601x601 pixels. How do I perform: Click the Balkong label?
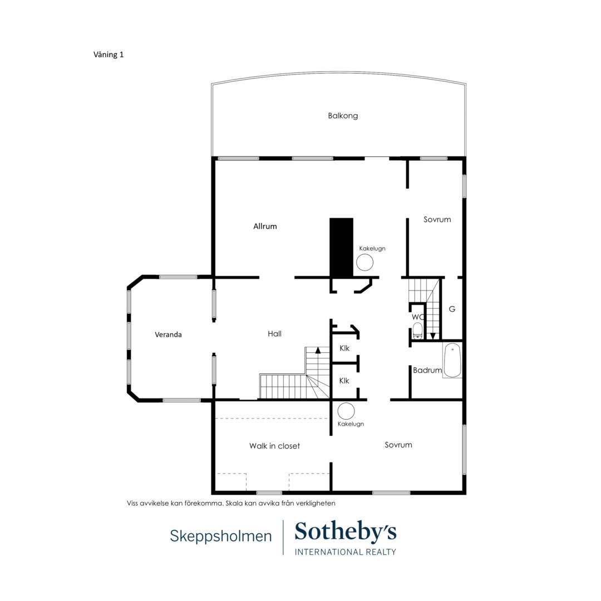tap(343, 116)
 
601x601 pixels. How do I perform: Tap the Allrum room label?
tap(265, 226)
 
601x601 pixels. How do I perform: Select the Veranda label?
tap(168, 334)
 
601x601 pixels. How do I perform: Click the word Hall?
tap(274, 334)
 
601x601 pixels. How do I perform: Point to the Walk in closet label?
tap(274, 446)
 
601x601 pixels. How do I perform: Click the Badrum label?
tap(427, 370)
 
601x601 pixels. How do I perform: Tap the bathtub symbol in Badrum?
tap(452, 361)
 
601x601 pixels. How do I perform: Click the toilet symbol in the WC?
tap(417, 331)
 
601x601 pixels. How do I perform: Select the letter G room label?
tap(452, 309)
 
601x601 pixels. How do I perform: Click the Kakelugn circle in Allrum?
tap(364, 263)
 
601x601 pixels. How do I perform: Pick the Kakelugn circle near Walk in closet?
tap(346, 411)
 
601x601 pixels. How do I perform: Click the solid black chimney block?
tap(341, 247)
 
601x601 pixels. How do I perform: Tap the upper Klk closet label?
tap(344, 348)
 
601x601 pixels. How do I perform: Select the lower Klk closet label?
tap(344, 381)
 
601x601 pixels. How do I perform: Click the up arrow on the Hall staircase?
tap(317, 349)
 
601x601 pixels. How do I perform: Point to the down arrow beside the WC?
tap(433, 336)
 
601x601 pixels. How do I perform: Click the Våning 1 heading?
tap(109, 55)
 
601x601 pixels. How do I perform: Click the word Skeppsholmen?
tap(221, 536)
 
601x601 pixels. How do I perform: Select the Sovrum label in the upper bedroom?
tap(437, 220)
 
